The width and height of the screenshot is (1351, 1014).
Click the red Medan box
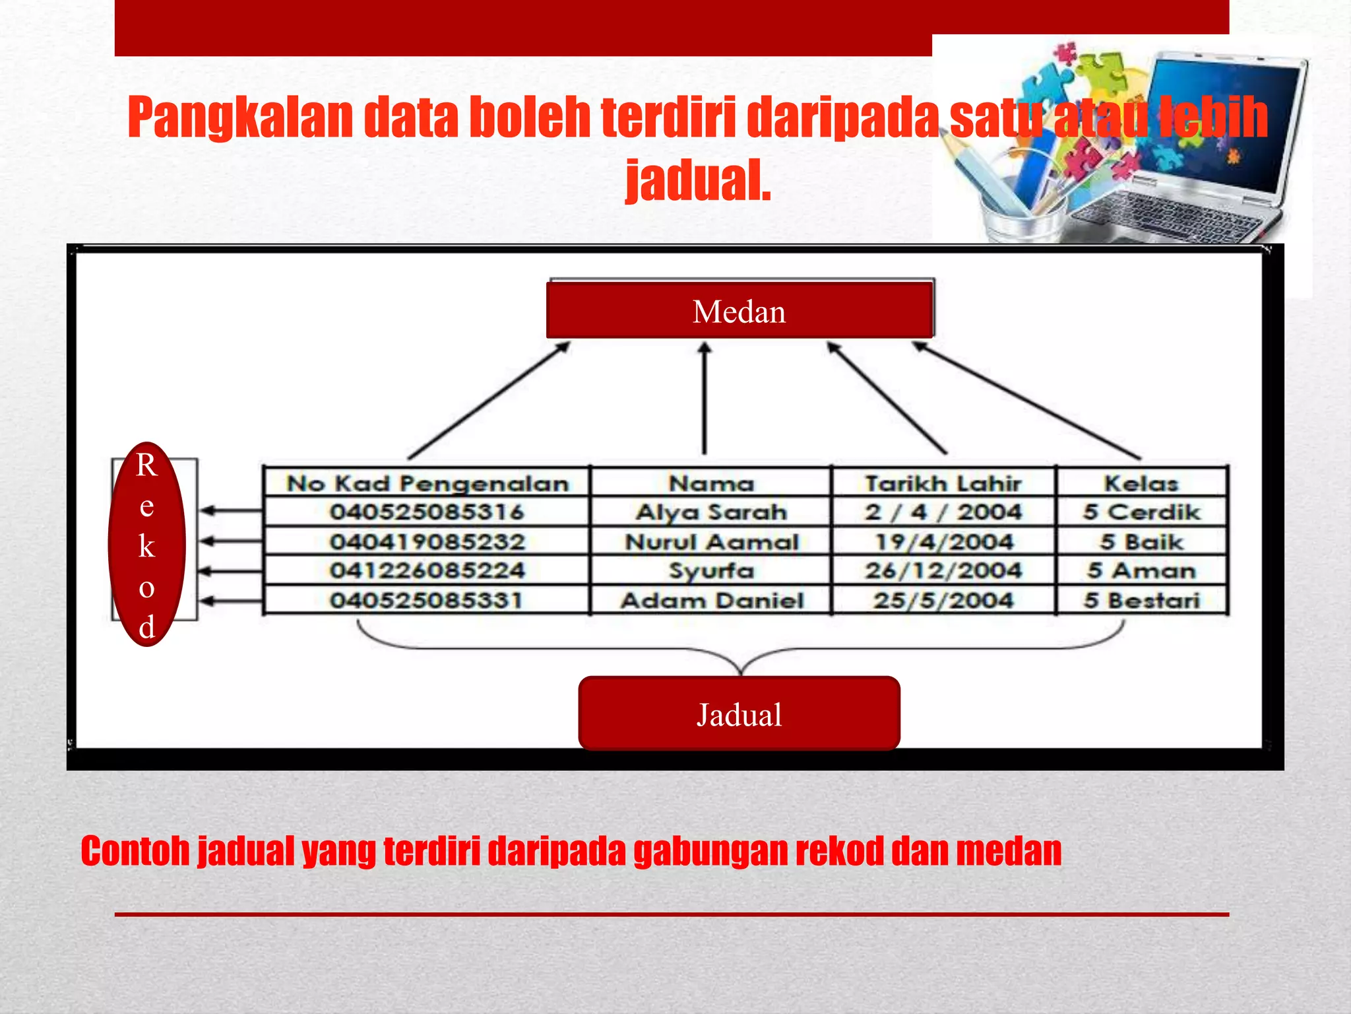(x=739, y=310)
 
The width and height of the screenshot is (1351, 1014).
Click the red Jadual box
(x=739, y=714)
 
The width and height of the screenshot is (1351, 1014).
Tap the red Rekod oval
(x=146, y=544)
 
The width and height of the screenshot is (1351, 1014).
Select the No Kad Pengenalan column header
(x=427, y=483)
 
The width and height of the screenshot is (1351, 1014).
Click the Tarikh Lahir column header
(x=943, y=483)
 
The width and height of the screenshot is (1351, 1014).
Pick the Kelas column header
(x=1141, y=483)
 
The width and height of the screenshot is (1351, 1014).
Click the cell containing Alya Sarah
(x=711, y=512)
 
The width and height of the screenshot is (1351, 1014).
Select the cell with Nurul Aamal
(x=711, y=542)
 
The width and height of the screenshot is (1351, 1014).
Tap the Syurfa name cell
(x=711, y=570)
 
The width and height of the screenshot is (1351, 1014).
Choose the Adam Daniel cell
(x=711, y=600)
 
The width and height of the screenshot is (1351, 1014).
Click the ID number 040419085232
(x=427, y=542)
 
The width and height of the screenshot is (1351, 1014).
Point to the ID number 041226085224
(x=427, y=570)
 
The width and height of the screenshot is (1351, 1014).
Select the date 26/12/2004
(x=943, y=570)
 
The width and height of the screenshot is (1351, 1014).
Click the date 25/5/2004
(x=943, y=600)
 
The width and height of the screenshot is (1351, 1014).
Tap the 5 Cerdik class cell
(x=1141, y=512)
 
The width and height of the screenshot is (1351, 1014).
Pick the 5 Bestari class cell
(x=1141, y=600)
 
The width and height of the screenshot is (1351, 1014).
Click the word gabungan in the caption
(x=710, y=852)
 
